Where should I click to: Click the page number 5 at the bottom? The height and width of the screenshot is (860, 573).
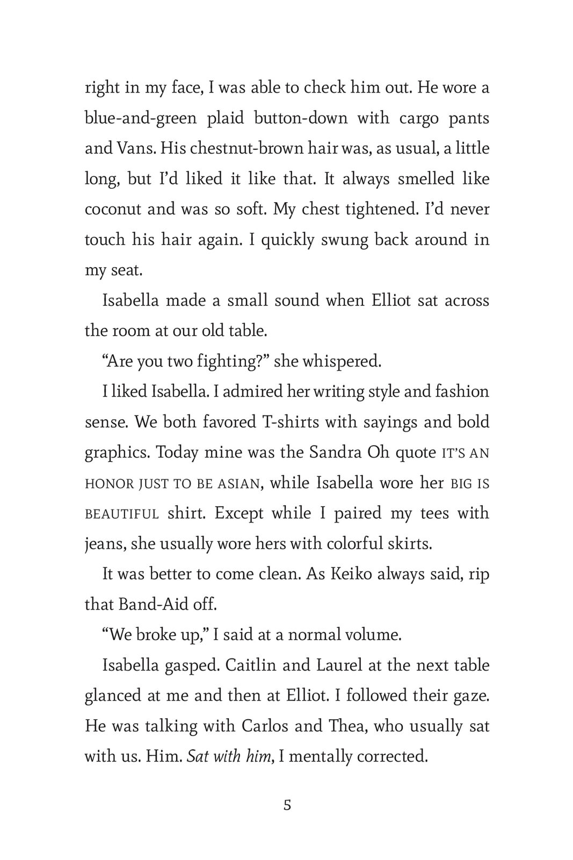[x=287, y=806]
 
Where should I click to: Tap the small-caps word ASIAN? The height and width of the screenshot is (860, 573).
[x=238, y=484]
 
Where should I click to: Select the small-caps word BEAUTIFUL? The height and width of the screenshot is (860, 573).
[x=122, y=514]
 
